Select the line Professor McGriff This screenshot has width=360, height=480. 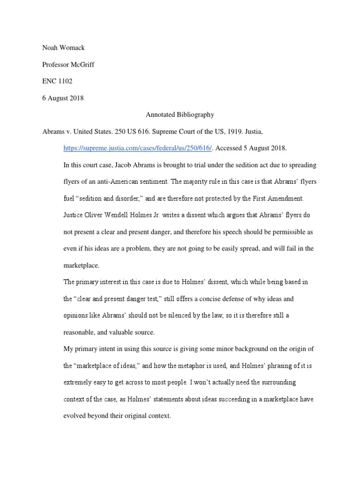coord(68,65)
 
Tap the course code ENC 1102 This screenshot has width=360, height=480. coord(57,81)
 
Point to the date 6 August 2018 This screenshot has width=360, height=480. coord(63,98)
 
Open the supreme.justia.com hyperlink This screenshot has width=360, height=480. coord(138,148)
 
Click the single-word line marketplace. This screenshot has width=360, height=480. coord(82,265)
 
